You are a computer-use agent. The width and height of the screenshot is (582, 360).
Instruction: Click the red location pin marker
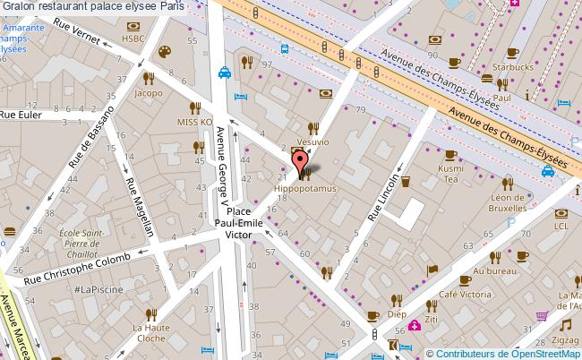[x=297, y=164]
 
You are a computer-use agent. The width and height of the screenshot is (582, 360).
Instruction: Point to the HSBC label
[x=158, y=38]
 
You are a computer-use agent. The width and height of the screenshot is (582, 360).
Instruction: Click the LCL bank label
[x=561, y=226]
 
